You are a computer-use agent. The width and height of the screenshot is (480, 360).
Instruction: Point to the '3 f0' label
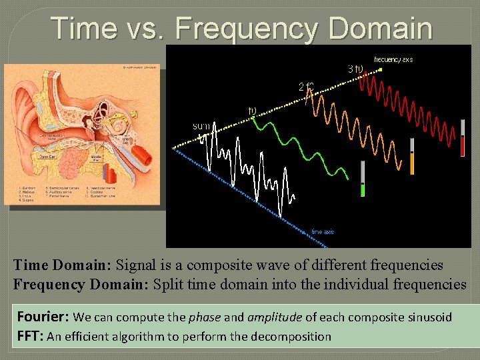click(355, 69)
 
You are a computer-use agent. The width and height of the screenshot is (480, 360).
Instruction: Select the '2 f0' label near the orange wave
click(305, 86)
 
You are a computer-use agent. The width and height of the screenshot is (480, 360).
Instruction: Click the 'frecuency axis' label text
click(393, 59)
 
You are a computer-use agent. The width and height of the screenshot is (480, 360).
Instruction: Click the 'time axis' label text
click(323, 231)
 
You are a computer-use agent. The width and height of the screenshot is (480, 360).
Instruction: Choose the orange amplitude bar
click(412, 157)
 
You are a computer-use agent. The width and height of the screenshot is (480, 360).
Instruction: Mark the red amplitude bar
click(462, 138)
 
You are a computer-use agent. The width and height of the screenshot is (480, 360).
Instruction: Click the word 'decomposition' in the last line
click(292, 337)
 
